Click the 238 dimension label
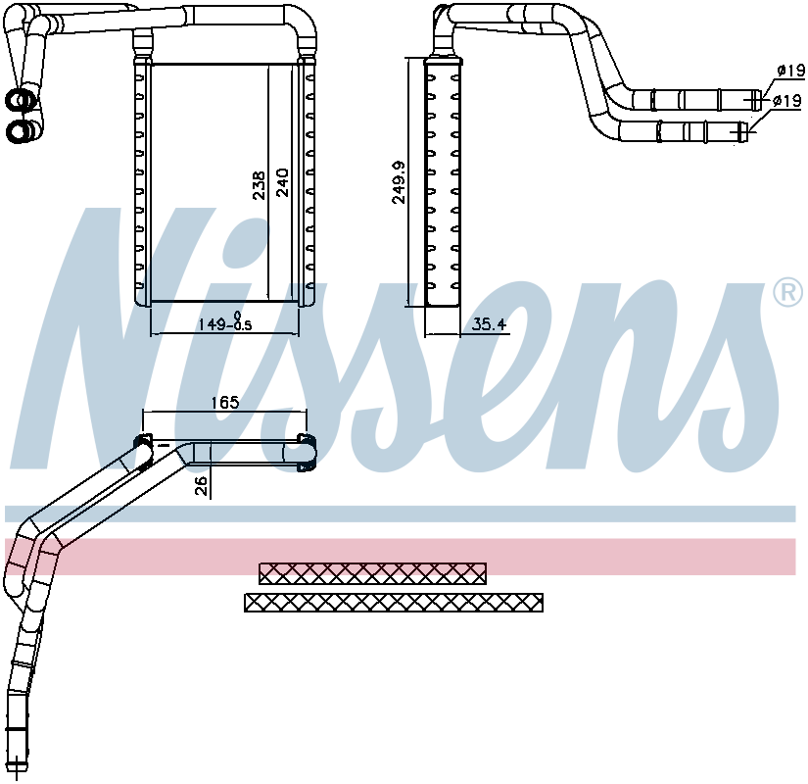260,185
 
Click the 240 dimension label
283,182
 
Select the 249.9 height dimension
400,182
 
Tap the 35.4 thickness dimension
489,324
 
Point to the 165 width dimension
225,402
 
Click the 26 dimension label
201,485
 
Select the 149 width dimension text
225,323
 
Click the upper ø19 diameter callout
790,71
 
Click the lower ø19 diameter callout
787,101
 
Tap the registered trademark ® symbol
788,292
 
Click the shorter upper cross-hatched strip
372,573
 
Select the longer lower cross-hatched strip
394,603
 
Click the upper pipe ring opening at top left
19,100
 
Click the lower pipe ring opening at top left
19,131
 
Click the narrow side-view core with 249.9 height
443,182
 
